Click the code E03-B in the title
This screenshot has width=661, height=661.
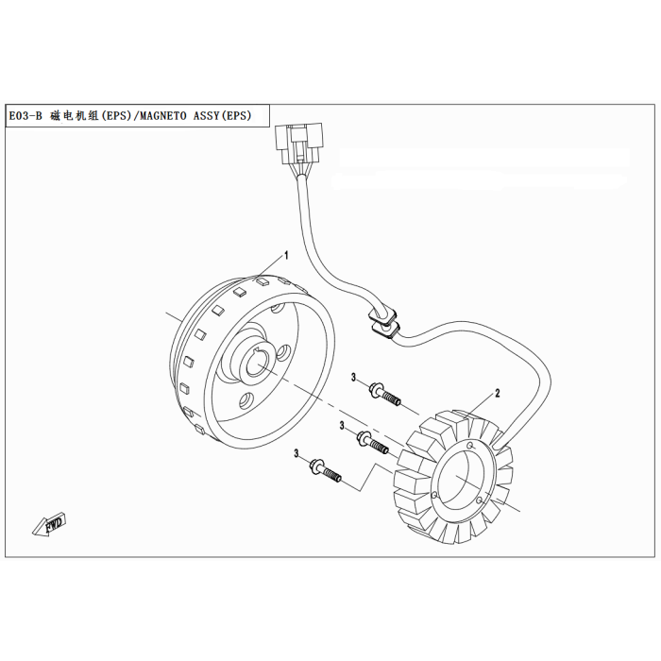tap(25, 115)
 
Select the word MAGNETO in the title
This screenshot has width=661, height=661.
tap(162, 115)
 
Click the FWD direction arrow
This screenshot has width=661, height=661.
tap(49, 524)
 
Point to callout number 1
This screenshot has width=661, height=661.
tap(286, 255)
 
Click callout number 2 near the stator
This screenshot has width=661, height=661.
tap(498, 394)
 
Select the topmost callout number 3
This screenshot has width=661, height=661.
tap(354, 378)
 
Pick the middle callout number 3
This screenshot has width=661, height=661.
tap(342, 426)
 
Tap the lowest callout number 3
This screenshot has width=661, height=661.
tap(297, 453)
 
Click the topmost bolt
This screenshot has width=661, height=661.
tap(384, 394)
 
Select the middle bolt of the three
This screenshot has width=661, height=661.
tap(373, 443)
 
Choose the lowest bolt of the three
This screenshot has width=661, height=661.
tap(326, 470)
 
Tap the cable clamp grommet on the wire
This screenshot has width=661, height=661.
tap(383, 322)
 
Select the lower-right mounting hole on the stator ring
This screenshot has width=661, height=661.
tap(479, 500)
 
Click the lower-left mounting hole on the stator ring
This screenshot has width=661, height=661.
tap(434, 495)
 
